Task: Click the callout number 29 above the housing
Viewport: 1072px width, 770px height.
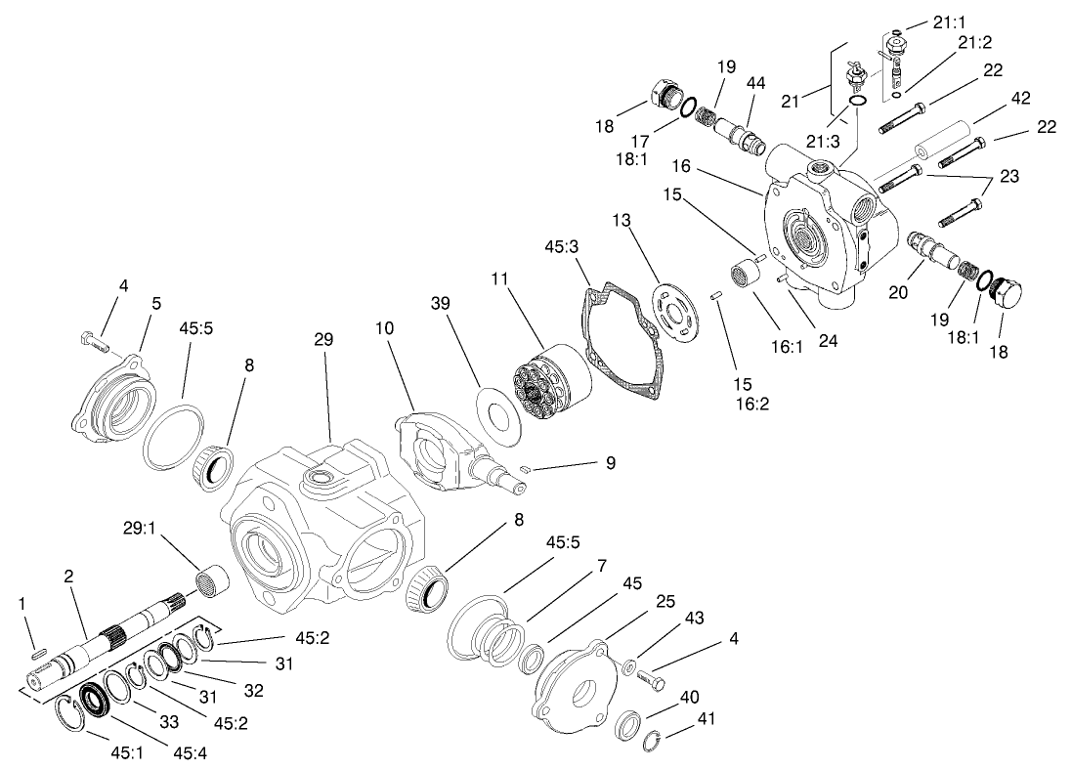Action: [x=323, y=340]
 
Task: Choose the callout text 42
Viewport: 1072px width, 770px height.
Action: [x=1020, y=99]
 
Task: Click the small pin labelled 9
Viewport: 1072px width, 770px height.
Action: [x=526, y=469]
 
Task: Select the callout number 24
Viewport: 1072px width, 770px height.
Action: [x=829, y=341]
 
